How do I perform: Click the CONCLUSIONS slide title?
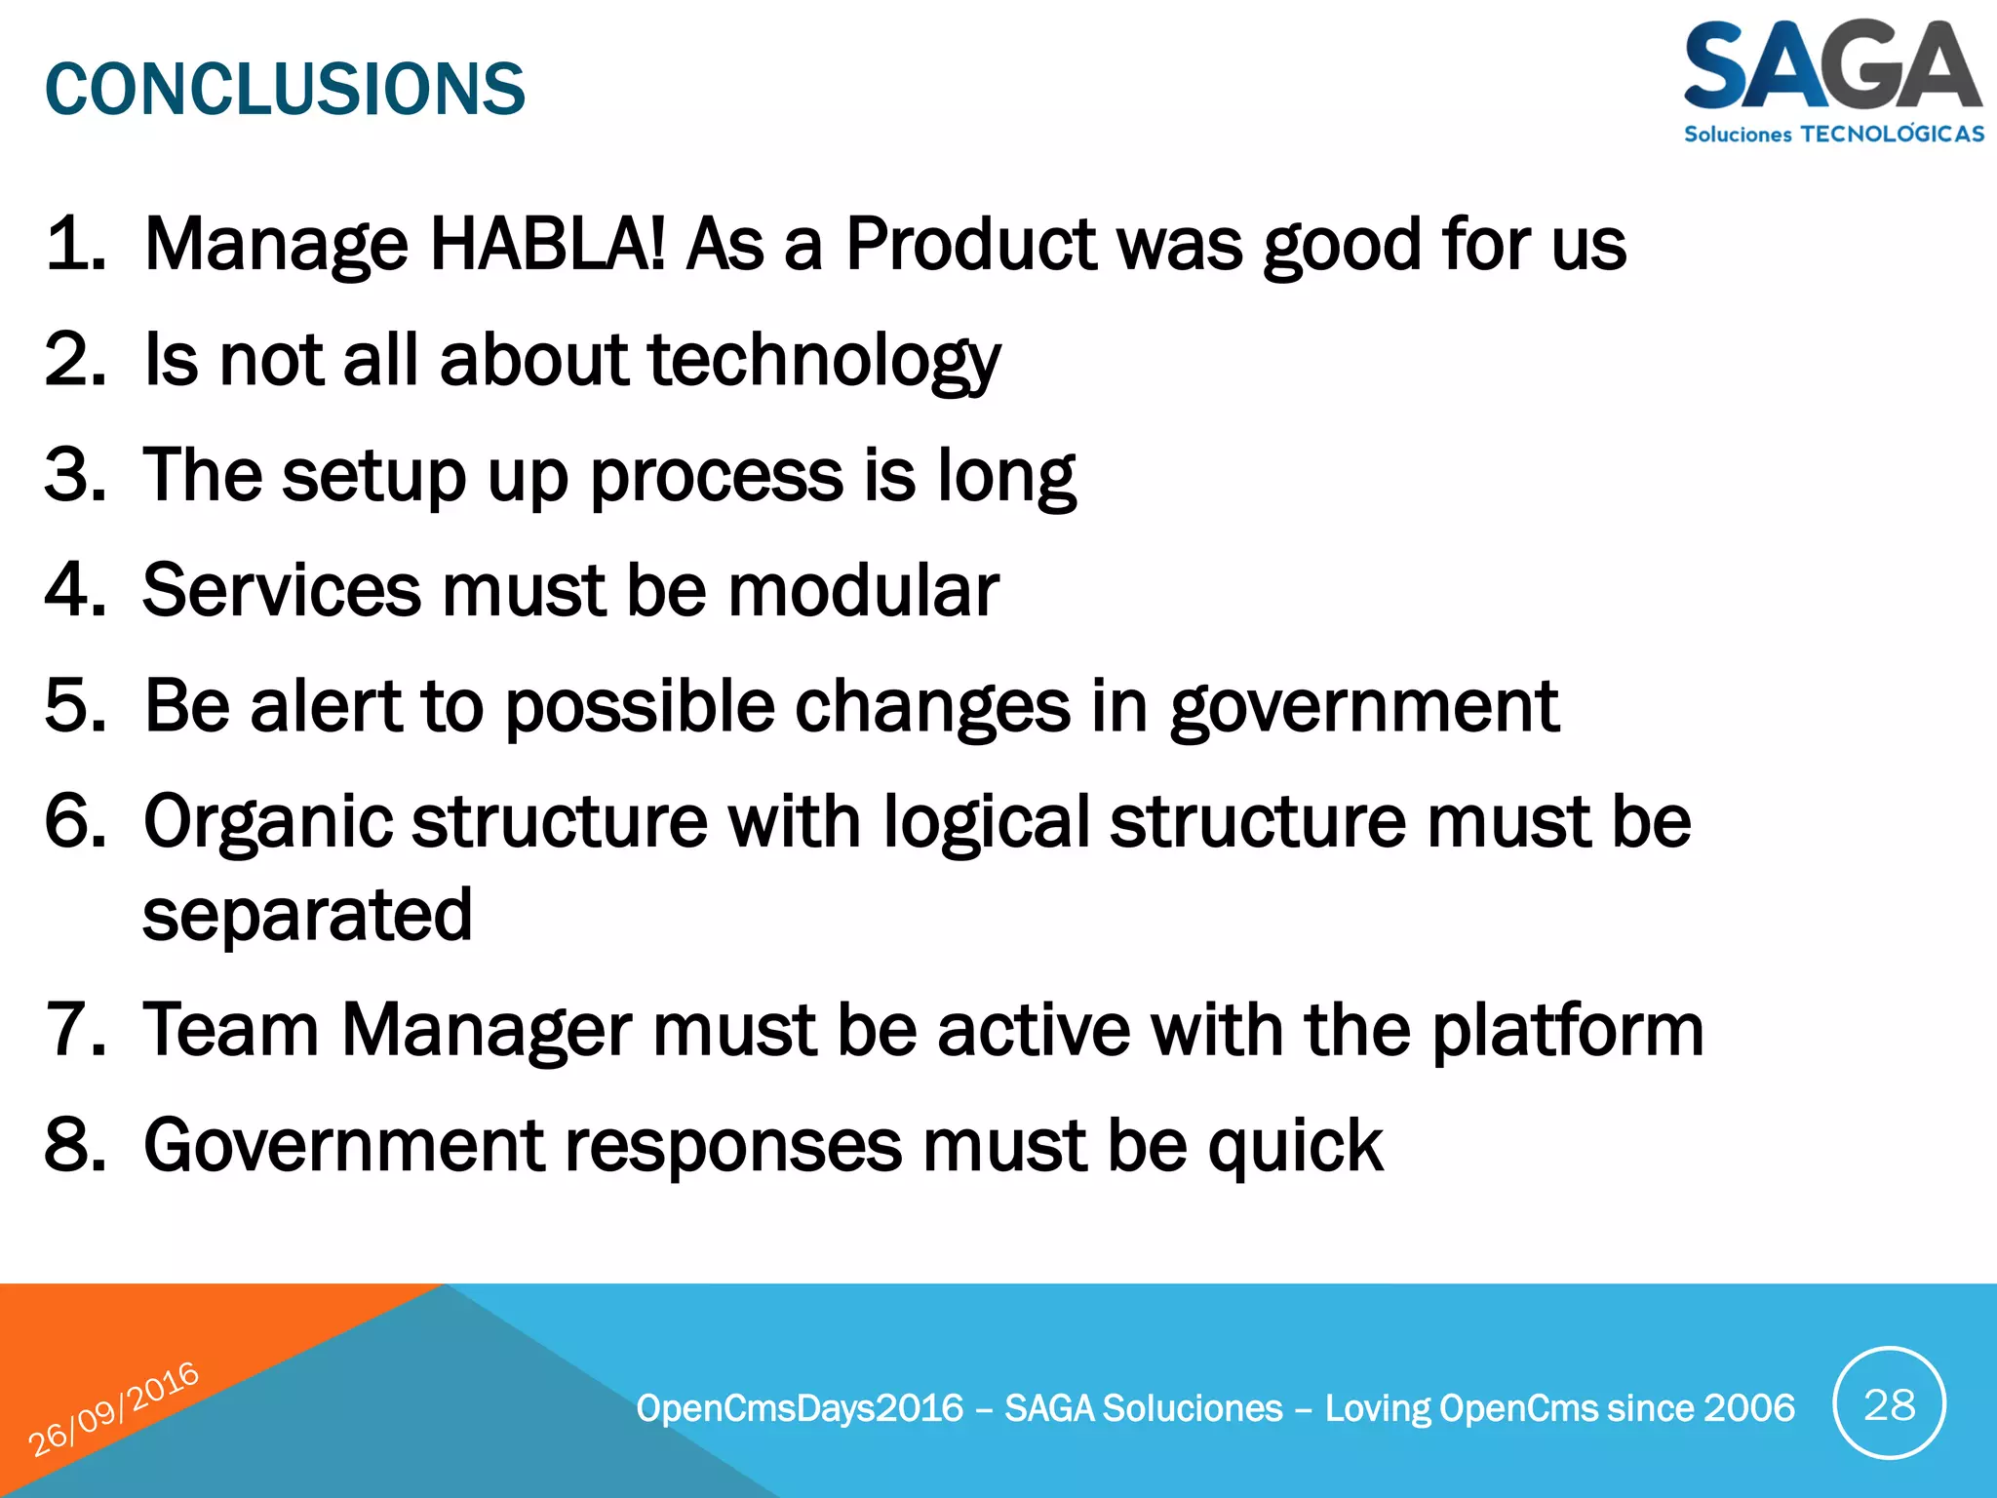(285, 89)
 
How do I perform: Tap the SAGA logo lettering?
(1831, 66)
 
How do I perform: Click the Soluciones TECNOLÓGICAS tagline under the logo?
(1833, 134)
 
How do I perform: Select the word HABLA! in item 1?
(548, 244)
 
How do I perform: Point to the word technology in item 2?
(823, 361)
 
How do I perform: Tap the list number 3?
(74, 475)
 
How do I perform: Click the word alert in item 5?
(326, 705)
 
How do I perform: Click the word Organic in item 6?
(267, 822)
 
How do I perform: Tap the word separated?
(307, 916)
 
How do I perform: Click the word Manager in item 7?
(487, 1031)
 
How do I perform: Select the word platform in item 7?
(1567, 1031)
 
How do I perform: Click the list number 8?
(74, 1145)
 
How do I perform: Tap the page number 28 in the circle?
(1889, 1404)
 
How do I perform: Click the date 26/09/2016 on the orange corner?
(113, 1408)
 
